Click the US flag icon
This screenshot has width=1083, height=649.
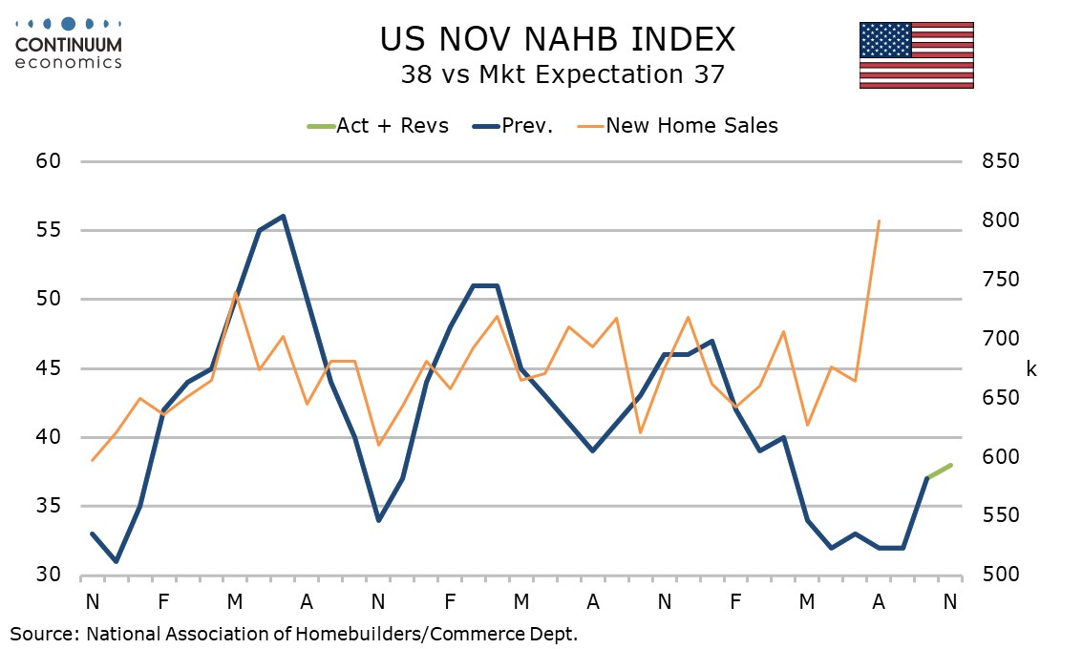pyautogui.click(x=916, y=54)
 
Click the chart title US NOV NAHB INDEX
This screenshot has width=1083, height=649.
pyautogui.click(x=558, y=38)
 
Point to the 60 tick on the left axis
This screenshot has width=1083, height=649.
pyautogui.click(x=49, y=161)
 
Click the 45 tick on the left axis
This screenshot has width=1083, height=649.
pyautogui.click(x=49, y=368)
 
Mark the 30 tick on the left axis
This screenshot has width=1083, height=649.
pyautogui.click(x=49, y=576)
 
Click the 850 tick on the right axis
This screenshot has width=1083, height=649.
pyautogui.click(x=1001, y=161)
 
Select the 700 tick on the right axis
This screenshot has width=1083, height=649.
pyautogui.click(x=1001, y=339)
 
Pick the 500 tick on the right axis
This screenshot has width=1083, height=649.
pyautogui.click(x=1001, y=576)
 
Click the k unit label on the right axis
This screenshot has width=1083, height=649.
pyautogui.click(x=1031, y=369)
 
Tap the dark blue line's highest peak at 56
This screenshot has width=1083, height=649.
pyautogui.click(x=283, y=216)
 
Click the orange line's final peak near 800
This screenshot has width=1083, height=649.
pyautogui.click(x=879, y=220)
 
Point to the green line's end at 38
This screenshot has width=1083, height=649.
pyautogui.click(x=951, y=465)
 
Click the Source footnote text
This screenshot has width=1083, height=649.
pyautogui.click(x=294, y=633)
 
